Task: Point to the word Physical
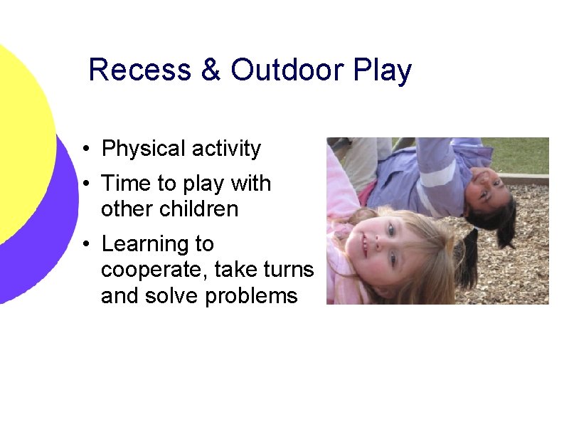[143, 149]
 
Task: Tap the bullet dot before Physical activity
[85, 149]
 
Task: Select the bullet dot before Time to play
[85, 184]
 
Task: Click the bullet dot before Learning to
[85, 245]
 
